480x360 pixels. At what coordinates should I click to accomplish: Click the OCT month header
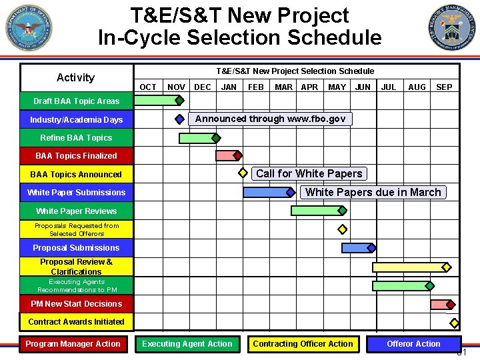(148, 87)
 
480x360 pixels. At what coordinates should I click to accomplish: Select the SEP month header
(444, 87)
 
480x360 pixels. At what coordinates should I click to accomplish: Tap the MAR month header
(283, 87)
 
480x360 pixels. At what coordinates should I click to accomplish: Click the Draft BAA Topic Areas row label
(77, 101)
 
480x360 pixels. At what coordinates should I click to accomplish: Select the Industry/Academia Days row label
(77, 120)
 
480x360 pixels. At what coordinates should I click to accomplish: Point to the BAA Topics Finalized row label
(77, 156)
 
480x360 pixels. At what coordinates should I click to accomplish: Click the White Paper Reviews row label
(77, 211)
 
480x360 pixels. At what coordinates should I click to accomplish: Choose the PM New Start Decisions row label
(77, 304)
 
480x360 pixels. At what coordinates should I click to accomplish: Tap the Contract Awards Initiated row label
(77, 322)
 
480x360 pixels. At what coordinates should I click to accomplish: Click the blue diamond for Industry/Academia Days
(179, 119)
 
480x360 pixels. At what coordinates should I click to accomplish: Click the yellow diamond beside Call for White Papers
(243, 173)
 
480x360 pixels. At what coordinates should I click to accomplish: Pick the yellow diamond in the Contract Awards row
(455, 323)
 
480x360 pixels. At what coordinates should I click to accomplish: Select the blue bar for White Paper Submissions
(267, 193)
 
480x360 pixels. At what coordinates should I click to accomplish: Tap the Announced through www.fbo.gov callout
(270, 119)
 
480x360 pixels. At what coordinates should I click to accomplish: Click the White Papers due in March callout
(373, 193)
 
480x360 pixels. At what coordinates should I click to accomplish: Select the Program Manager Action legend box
(73, 344)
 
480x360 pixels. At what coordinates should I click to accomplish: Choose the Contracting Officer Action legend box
(303, 344)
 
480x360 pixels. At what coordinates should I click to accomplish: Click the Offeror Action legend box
(413, 344)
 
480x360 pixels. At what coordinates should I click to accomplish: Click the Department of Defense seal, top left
(28, 28)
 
